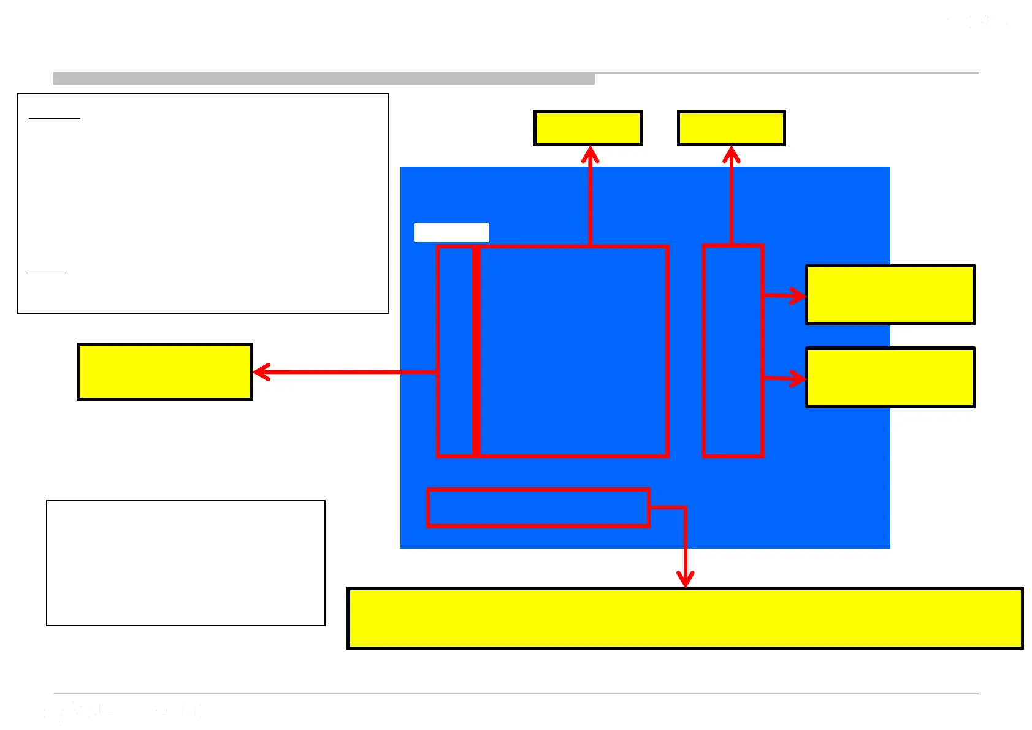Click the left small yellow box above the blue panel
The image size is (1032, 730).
(587, 128)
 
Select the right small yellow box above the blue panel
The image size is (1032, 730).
(731, 128)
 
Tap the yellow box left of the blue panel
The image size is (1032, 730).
(165, 372)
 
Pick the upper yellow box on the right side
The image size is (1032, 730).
(890, 295)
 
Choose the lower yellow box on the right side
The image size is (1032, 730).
(890, 378)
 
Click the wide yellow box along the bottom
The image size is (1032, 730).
(685, 618)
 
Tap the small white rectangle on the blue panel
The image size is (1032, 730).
(451, 232)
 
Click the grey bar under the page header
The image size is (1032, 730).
(324, 78)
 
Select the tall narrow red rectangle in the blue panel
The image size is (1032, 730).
(733, 351)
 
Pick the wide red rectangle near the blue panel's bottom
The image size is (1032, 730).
(538, 508)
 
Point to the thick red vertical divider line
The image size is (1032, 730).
(476, 351)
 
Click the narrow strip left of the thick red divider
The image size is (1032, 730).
(456, 351)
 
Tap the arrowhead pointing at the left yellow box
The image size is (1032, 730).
(260, 372)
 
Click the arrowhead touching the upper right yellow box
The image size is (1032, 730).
(799, 296)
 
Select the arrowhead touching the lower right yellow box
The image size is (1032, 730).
(799, 379)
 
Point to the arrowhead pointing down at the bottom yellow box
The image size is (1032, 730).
(685, 580)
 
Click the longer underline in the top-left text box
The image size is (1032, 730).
(55, 118)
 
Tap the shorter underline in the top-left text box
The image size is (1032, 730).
(47, 272)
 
